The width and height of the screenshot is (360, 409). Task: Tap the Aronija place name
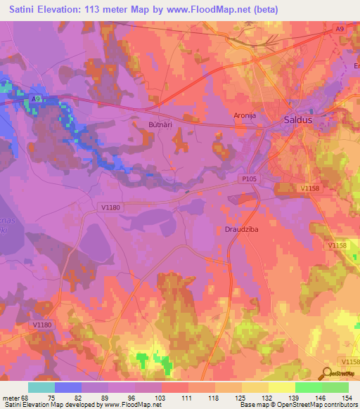pos(247,115)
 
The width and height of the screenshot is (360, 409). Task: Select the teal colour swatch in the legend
pos(41,387)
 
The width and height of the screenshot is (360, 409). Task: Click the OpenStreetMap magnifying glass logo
pos(327,373)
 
